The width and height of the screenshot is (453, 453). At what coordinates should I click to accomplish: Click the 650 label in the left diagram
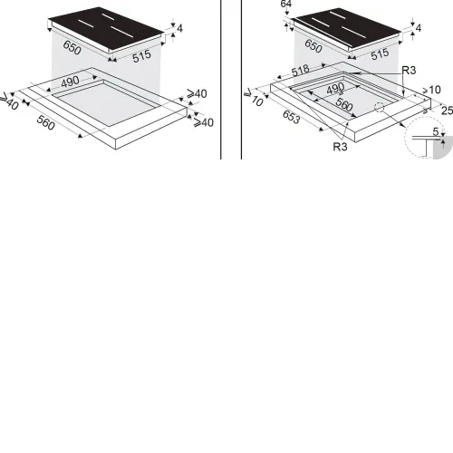[x=72, y=48]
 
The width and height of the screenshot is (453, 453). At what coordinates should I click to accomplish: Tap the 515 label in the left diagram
[x=141, y=56]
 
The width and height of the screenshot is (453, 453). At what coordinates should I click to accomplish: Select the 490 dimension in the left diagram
[x=70, y=82]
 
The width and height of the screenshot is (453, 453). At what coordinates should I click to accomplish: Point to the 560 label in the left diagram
[x=45, y=122]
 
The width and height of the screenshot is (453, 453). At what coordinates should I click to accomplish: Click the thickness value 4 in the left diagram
[x=180, y=28]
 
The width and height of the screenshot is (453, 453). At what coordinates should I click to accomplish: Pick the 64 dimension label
[x=286, y=4]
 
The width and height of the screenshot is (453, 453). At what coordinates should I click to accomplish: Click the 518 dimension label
[x=301, y=71]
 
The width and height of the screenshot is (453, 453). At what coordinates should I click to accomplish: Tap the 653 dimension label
[x=292, y=117]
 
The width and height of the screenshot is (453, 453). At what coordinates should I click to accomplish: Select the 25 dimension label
[x=447, y=111]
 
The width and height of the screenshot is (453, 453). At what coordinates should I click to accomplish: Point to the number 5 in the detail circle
[x=435, y=131]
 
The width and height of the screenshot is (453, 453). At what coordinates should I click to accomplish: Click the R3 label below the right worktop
[x=340, y=147]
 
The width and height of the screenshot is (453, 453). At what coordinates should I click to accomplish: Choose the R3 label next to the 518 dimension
[x=409, y=71]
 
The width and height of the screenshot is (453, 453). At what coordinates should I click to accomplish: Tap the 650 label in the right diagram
[x=313, y=46]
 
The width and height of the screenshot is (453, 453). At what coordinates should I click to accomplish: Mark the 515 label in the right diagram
[x=380, y=54]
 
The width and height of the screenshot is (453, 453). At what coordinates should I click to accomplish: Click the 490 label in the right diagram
[x=335, y=89]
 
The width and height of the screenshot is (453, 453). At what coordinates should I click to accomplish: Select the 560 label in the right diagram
[x=344, y=104]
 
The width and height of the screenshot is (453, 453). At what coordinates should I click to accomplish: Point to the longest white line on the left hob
[x=122, y=32]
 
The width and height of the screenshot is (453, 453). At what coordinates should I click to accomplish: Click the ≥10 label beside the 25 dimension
[x=432, y=90]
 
